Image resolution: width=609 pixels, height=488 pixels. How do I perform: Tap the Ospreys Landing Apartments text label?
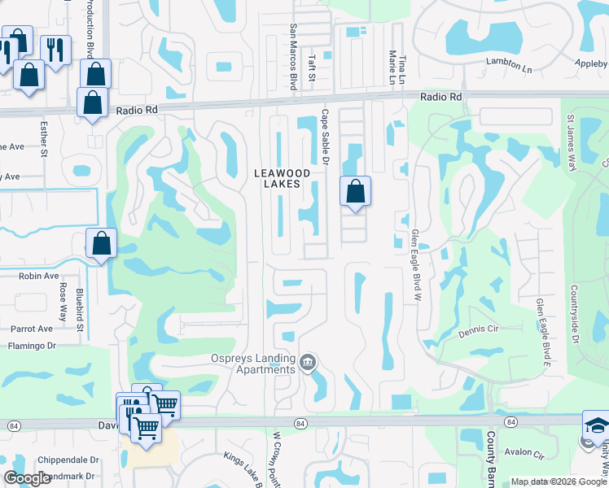coord(251,363)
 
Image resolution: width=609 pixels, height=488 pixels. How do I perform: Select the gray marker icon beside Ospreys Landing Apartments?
coord(308,362)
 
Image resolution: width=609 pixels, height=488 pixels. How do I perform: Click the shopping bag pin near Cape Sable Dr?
coord(355,193)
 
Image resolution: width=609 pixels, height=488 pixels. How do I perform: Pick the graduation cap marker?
coord(597,426)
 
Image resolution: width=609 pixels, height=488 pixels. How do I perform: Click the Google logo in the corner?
coord(27,478)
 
